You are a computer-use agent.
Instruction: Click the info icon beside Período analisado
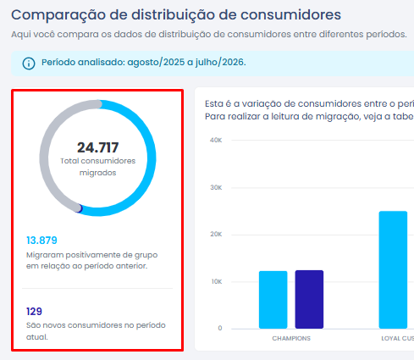29,64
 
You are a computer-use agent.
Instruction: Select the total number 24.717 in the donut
97,147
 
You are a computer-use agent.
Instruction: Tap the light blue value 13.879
41,241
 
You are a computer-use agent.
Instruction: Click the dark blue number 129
34,312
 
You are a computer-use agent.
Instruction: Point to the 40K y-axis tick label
216,140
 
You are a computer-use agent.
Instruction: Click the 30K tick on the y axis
216,187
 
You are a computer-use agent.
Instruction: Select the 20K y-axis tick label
216,235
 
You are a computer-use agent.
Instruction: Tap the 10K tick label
217,281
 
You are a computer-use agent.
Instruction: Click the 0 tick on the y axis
220,328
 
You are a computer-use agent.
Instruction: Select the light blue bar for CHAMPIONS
273,300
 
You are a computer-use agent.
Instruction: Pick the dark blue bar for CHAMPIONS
309,299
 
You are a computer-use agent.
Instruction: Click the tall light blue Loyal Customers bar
393,270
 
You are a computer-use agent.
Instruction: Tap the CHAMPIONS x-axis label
291,338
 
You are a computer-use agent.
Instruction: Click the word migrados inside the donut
97,173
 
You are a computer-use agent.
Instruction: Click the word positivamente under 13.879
91,255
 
